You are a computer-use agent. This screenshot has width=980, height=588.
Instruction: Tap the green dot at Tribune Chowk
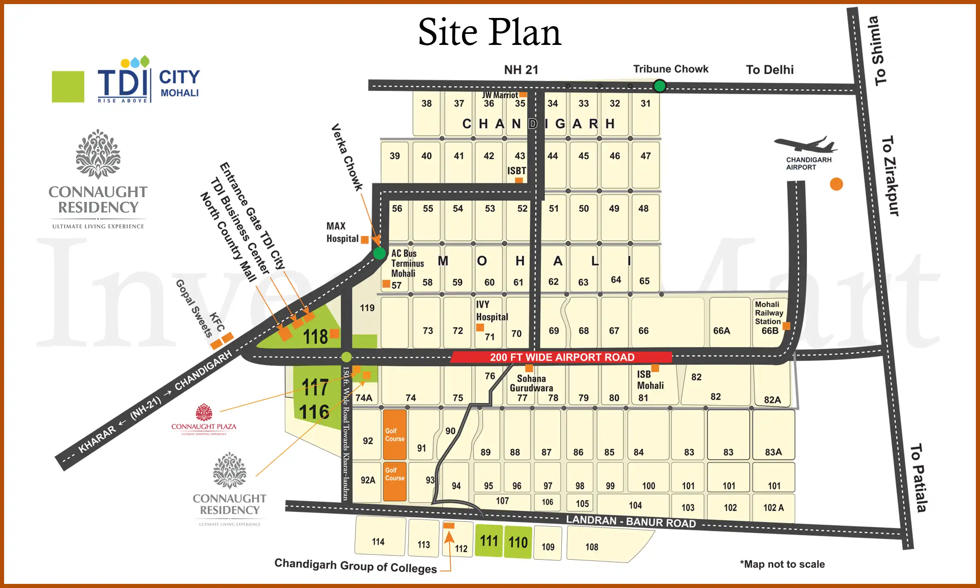[659, 86]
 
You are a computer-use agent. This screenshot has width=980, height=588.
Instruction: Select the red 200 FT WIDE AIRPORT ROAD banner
[562, 357]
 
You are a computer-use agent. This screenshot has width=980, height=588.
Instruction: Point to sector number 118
[315, 337]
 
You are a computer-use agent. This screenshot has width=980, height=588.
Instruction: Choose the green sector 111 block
[489, 541]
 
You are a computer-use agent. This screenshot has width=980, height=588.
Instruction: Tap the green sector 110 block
[518, 542]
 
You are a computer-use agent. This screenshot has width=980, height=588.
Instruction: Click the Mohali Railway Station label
[769, 313]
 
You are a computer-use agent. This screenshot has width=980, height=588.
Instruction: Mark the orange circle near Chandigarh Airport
[836, 184]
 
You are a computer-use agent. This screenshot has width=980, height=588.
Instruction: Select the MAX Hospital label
[342, 232]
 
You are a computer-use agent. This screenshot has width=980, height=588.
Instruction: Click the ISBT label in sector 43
[517, 171]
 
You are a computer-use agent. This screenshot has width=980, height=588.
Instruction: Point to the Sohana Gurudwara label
[531, 383]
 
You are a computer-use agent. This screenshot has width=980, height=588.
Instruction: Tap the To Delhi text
[770, 70]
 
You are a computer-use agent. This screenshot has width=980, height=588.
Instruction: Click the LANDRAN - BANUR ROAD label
[631, 521]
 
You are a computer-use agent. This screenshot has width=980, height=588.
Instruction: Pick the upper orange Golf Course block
[394, 434]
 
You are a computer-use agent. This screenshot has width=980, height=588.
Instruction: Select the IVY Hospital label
[492, 311]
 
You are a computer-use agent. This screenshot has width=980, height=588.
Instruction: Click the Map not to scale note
[782, 564]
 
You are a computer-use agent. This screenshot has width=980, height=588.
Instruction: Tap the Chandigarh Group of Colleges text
[355, 566]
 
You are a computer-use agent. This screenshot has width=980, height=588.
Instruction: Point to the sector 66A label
[722, 331]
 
